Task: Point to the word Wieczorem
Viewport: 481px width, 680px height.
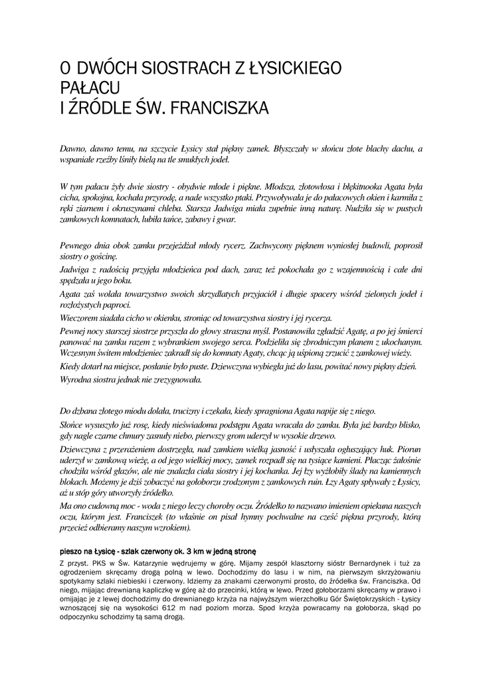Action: point(81,318)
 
